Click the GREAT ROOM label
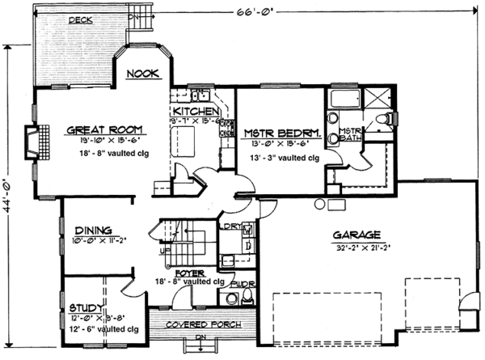(106, 129)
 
